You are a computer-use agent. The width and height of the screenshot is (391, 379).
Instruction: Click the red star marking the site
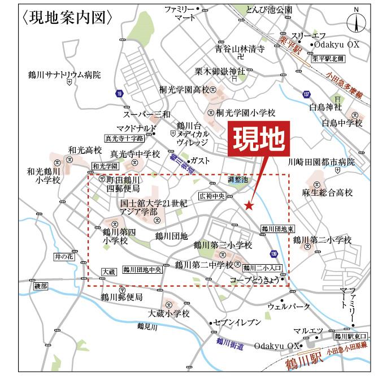(249, 205)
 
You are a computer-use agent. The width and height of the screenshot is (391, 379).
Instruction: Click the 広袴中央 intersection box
(212, 196)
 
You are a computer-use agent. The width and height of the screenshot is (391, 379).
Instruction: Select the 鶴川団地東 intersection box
(278, 229)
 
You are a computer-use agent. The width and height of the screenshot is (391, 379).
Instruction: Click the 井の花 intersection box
(64, 257)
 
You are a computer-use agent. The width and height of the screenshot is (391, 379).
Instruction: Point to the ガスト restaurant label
(200, 161)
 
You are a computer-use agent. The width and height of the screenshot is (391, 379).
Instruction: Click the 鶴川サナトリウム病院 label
(64, 74)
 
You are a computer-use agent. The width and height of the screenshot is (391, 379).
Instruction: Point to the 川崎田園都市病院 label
(321, 162)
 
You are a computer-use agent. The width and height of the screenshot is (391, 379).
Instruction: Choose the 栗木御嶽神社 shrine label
(220, 72)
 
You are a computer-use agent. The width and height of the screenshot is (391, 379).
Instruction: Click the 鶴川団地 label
(171, 235)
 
